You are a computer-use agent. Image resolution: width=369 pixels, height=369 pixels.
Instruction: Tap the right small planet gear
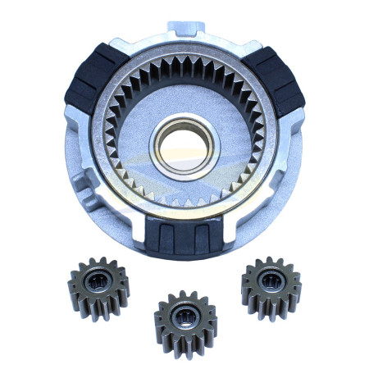click(271, 288)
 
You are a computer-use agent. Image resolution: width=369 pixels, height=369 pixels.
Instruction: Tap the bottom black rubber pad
click(184, 238)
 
